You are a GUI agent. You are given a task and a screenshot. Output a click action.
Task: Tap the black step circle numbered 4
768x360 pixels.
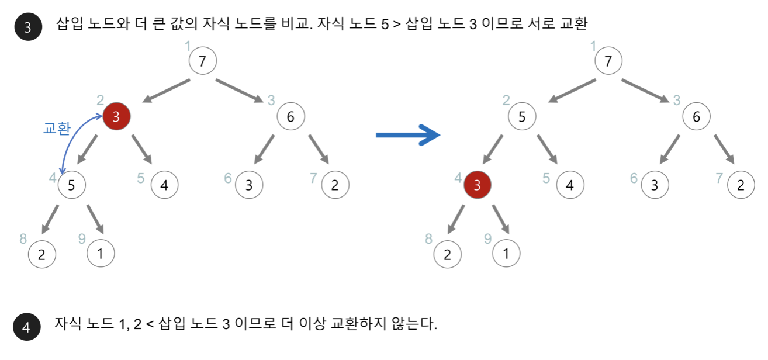pyautogui.click(x=26, y=327)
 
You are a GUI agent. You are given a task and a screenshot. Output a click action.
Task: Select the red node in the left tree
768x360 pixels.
pyautogui.click(x=116, y=117)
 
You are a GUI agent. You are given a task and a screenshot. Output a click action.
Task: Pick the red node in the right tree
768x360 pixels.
pyautogui.click(x=478, y=186)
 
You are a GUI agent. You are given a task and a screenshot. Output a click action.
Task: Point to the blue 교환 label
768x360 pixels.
pyautogui.click(x=57, y=129)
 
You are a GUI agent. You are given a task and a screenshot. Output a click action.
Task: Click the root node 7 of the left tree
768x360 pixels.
pyautogui.click(x=202, y=61)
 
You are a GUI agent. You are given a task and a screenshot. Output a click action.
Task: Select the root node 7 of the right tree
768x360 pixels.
pyautogui.click(x=608, y=61)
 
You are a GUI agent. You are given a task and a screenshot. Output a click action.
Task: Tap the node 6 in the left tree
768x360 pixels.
pyautogui.click(x=290, y=117)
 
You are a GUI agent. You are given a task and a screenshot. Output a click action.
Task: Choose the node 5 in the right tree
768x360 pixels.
pyautogui.click(x=522, y=117)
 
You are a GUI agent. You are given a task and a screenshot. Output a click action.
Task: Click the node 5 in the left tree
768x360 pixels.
pyautogui.click(x=71, y=185)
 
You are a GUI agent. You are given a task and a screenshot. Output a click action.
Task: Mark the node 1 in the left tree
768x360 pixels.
pyautogui.click(x=101, y=254)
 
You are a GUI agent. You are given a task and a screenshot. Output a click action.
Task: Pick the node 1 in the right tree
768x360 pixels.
pyautogui.click(x=506, y=254)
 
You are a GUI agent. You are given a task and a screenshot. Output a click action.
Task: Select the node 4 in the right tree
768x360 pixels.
pyautogui.click(x=570, y=186)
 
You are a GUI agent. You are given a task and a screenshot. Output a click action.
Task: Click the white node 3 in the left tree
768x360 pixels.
pyautogui.click(x=249, y=186)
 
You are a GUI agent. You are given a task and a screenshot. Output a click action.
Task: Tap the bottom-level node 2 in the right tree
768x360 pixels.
pyautogui.click(x=448, y=255)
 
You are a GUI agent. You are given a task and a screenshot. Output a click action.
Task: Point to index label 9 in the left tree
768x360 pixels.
pyautogui.click(x=82, y=238)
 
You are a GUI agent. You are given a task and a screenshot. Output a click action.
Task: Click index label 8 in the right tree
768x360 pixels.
pyautogui.click(x=429, y=238)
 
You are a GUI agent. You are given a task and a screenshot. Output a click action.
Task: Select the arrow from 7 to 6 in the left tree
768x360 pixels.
pyautogui.click(x=240, y=91)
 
